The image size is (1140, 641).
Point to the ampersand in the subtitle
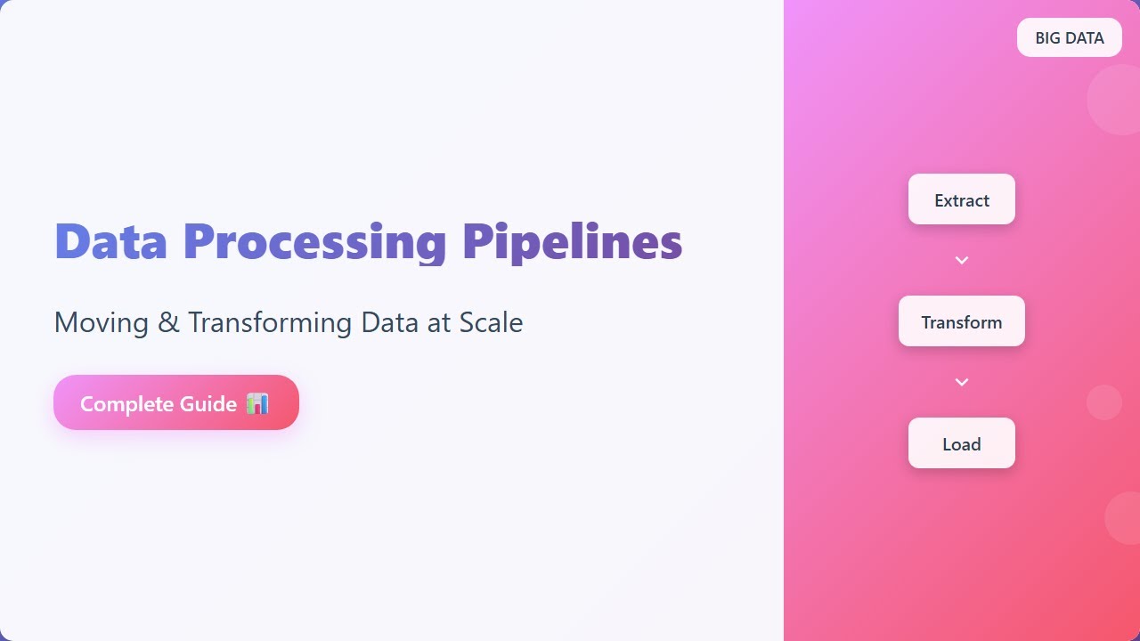pos(168,322)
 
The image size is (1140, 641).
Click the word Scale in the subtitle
pos(491,322)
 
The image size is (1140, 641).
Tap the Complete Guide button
pos(176,402)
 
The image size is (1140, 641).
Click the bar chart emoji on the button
pos(256,403)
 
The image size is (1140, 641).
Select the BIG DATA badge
pos(1069,37)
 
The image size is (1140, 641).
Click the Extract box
pos(961,199)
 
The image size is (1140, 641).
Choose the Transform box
pos(961,321)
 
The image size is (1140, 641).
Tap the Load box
pos(961,443)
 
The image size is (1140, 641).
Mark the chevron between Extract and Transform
pos(961,260)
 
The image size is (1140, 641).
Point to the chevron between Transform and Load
pos(961,382)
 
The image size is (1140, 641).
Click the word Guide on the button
pos(208,404)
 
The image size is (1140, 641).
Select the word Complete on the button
pos(127,404)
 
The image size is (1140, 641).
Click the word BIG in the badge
pos(1048,38)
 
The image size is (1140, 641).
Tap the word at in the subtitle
pos(439,322)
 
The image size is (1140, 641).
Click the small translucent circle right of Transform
pos(1103,402)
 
